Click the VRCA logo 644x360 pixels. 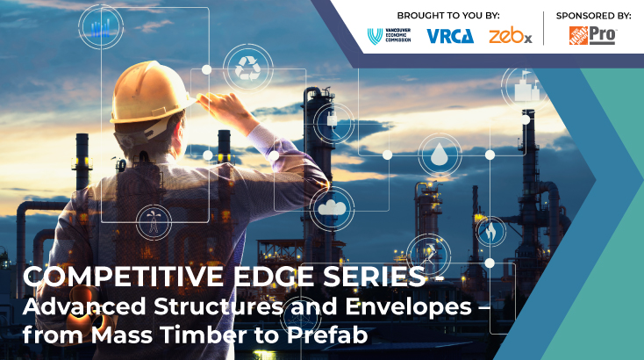pyautogui.click(x=450, y=36)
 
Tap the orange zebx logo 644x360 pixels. pyautogui.click(x=511, y=36)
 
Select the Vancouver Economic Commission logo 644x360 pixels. pyautogui.click(x=389, y=36)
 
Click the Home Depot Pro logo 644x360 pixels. pyautogui.click(x=592, y=35)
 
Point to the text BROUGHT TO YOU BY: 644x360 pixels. pyautogui.click(x=448, y=16)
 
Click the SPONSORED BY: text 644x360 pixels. pyautogui.click(x=593, y=16)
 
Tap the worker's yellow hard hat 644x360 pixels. pyautogui.click(x=150, y=92)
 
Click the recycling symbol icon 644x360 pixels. pyautogui.click(x=247, y=68)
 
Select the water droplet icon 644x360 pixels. pyautogui.click(x=440, y=155)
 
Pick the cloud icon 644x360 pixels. pyautogui.click(x=332, y=208)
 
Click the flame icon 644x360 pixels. pyautogui.click(x=490, y=232)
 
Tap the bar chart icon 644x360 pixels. pyautogui.click(x=101, y=27)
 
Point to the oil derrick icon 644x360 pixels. pyautogui.click(x=154, y=222)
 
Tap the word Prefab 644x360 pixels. pyautogui.click(x=327, y=335)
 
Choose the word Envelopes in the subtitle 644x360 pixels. pyautogui.click(x=408, y=307)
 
